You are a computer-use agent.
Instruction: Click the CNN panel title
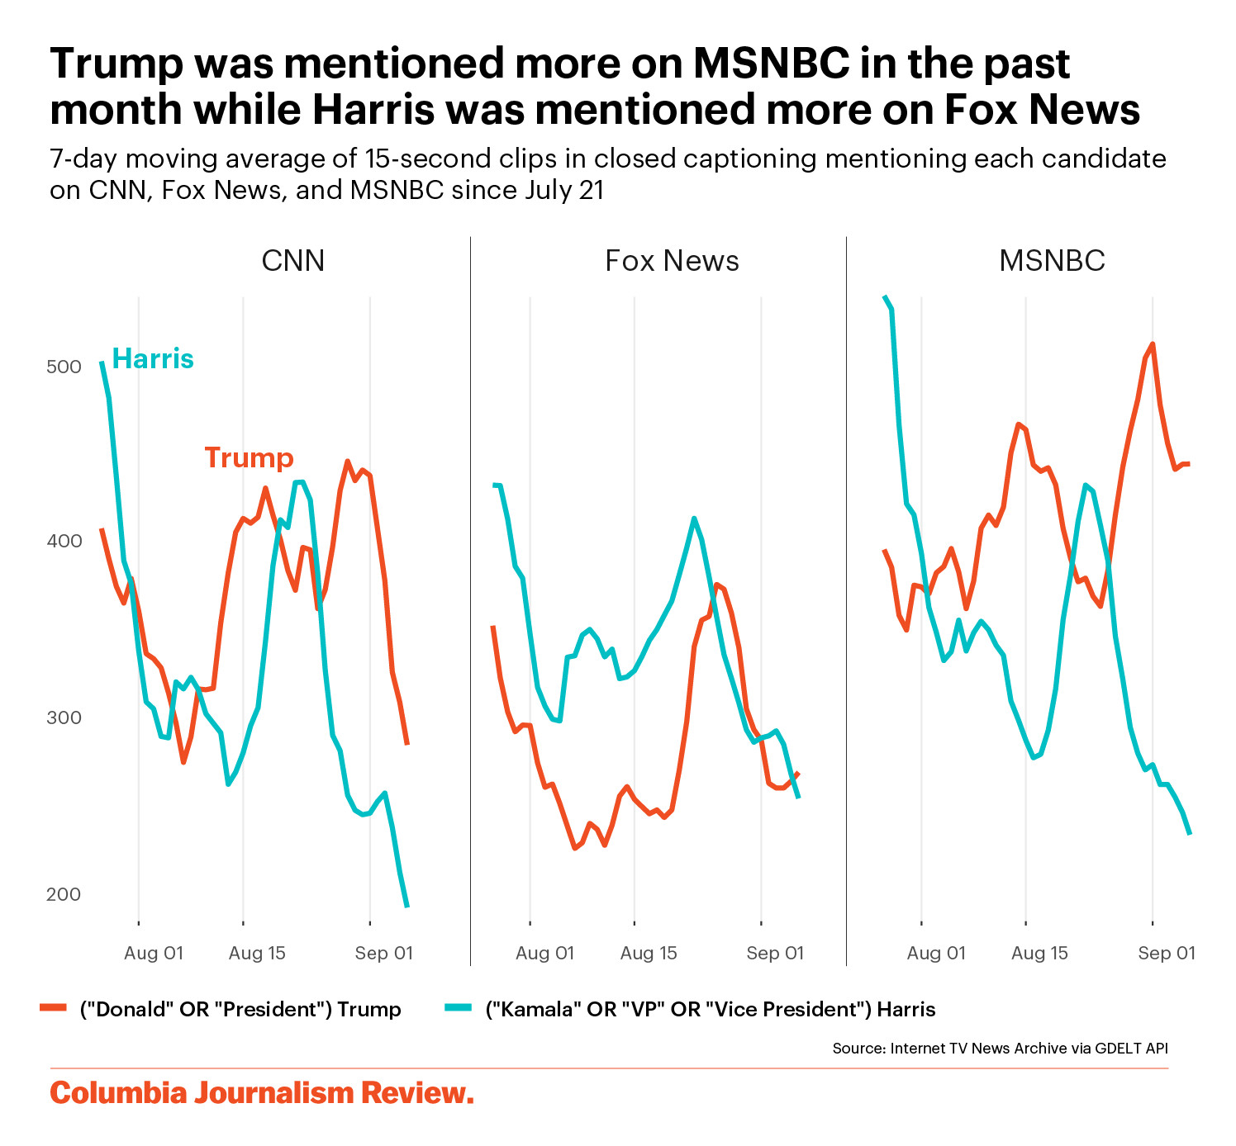coord(292,261)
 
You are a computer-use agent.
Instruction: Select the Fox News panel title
coord(672,261)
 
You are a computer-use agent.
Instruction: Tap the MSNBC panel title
coord(1052,261)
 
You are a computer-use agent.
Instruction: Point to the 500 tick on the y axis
coord(64,366)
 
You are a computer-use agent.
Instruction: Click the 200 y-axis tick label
coord(64,894)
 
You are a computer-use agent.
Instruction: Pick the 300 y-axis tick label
coord(64,717)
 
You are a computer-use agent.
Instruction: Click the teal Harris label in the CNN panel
coord(153,358)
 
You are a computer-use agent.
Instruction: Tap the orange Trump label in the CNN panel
coord(249,457)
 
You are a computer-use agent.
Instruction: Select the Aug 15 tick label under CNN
coord(257,953)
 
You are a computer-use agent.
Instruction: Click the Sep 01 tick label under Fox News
coord(775,953)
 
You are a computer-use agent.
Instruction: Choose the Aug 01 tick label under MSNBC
coord(936,953)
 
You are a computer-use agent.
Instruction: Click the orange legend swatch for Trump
coord(54,1008)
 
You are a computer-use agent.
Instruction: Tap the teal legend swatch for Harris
coord(458,1008)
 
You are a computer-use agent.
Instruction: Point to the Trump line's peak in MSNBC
coord(1153,344)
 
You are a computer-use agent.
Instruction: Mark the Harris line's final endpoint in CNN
coord(406,907)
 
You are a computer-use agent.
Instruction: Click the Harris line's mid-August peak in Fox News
coord(694,519)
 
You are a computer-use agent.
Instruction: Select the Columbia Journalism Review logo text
coord(262,1093)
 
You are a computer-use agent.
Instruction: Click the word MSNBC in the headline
coord(770,64)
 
